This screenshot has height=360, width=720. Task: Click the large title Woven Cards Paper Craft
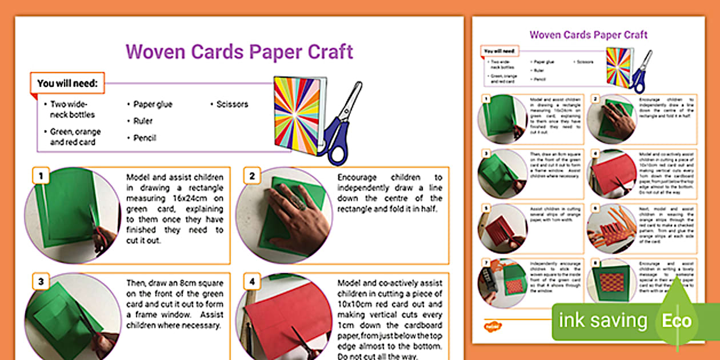pos(239,51)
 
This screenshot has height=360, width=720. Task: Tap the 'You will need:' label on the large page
pos(67,83)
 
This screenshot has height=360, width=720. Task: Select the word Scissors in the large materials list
pos(232,104)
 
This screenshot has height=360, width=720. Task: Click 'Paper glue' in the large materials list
pos(153,104)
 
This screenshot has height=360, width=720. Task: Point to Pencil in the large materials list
pos(145,138)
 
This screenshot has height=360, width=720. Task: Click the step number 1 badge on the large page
pos(39,175)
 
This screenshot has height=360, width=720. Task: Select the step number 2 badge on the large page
pos(251,175)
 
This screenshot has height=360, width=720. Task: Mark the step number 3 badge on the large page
pos(39,281)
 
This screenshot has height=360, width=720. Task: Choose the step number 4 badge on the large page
pos(251,281)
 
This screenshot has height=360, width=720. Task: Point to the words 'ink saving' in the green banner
pos(602,321)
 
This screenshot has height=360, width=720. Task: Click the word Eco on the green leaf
pos(677,321)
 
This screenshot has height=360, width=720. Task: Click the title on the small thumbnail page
pos(588,35)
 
